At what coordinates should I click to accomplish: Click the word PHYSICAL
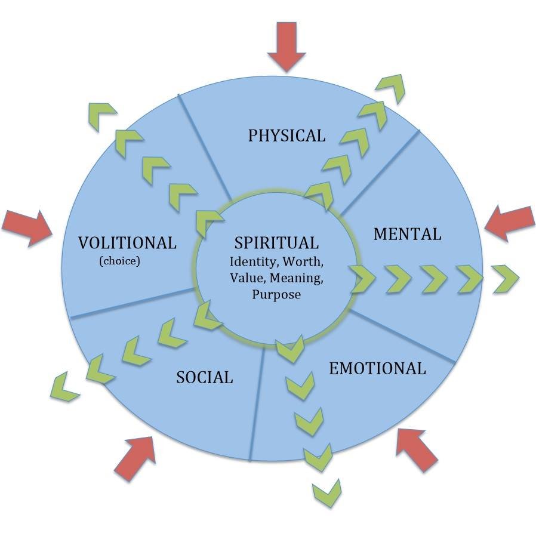(287, 135)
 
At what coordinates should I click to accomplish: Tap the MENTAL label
(407, 235)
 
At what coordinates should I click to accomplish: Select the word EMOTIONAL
(377, 368)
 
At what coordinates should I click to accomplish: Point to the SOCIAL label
(204, 377)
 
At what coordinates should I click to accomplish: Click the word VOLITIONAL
(127, 243)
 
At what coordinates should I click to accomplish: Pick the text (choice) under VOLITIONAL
(119, 261)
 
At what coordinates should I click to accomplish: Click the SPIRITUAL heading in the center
(276, 243)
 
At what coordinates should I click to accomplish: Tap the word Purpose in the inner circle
(276, 295)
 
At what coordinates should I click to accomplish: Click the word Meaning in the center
(296, 278)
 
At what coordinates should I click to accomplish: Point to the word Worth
(303, 262)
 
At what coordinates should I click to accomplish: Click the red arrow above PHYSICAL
(287, 47)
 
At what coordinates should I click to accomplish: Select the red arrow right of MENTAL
(510, 223)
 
